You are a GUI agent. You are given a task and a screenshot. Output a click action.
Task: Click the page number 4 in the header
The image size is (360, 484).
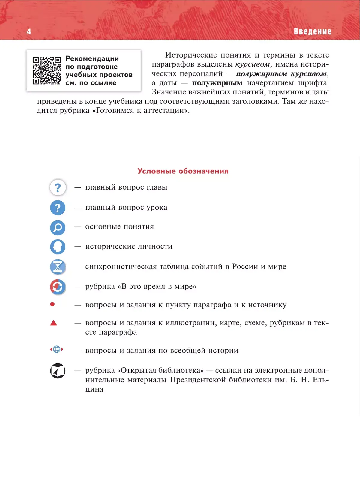29,31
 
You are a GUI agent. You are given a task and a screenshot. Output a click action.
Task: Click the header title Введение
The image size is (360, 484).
312,31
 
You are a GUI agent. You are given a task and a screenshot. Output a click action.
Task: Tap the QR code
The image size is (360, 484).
47,71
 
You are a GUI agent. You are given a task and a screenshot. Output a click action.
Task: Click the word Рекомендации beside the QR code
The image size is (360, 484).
92,58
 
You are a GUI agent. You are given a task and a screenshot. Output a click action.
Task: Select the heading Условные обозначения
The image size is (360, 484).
183,171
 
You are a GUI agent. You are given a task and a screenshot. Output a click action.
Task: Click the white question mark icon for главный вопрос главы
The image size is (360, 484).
58,187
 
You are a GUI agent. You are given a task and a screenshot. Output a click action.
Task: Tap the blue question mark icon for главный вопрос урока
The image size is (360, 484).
58,208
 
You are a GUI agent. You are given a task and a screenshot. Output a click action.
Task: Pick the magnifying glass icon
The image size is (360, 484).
58,228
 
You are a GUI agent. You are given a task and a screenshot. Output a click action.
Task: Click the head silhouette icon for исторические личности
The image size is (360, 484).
58,247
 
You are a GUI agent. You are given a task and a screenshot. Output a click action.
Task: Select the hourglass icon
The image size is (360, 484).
58,267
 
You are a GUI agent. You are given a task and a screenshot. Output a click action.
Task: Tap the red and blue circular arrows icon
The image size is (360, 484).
58,287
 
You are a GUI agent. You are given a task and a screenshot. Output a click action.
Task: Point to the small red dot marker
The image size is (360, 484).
52,304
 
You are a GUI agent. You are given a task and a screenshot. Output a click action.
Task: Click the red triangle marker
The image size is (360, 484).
54,323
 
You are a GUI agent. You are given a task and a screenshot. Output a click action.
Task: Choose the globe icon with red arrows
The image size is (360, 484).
57,349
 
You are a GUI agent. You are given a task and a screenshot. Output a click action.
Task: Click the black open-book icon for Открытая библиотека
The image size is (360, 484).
58,371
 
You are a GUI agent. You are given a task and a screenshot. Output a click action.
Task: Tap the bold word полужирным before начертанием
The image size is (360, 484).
217,83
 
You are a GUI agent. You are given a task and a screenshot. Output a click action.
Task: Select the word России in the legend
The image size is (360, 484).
245,267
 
